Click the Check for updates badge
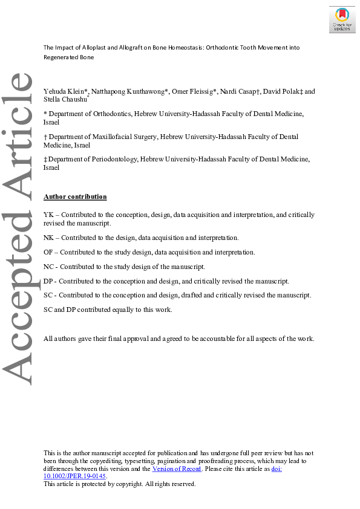click(342, 19)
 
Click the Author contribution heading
click(75, 196)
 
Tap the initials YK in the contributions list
click(48, 215)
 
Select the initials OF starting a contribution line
click(48, 252)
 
